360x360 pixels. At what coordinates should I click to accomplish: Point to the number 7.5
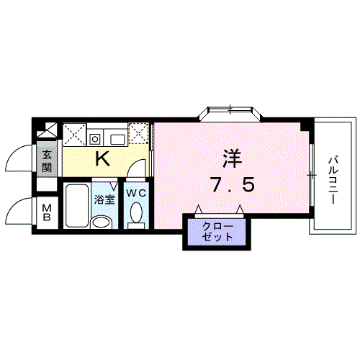232,185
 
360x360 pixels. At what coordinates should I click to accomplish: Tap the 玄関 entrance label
47,161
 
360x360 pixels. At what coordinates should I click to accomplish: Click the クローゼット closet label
214,232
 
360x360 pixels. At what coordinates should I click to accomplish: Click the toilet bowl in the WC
135,215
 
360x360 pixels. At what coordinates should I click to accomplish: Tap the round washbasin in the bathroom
104,220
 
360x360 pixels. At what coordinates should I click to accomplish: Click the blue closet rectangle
214,232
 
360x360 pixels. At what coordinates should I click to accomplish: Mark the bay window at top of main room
230,113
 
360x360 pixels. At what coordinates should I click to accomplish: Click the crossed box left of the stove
73,134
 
